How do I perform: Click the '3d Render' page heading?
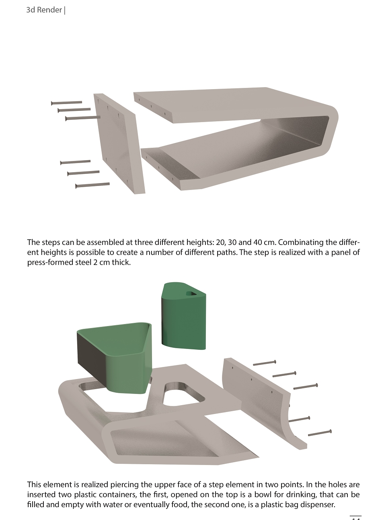pos(44,10)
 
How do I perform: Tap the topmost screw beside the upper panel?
pos(66,103)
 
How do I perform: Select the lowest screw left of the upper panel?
pos(92,185)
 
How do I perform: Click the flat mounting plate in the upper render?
pos(119,143)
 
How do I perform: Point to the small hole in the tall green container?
pos(191,294)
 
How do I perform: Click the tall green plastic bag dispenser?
pos(184,316)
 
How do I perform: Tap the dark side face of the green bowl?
pos(92,355)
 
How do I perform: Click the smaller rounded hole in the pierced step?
pos(183,394)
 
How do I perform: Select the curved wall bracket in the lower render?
pos(263,401)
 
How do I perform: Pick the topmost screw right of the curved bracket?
pos(265,363)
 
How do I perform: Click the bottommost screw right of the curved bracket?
pos(320,433)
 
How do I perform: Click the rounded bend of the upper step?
pos(331,128)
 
